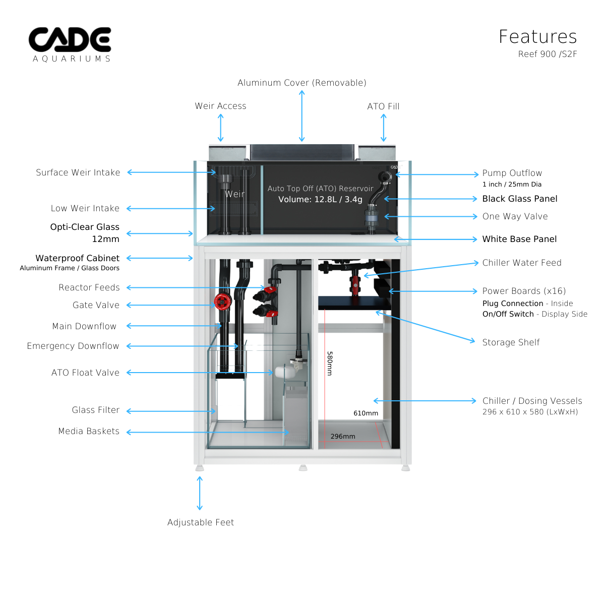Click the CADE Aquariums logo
pyautogui.click(x=70, y=44)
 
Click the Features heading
pyautogui.click(x=537, y=37)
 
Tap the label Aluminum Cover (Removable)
pyautogui.click(x=301, y=83)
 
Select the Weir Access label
pyautogui.click(x=220, y=106)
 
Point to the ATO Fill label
pyautogui.click(x=383, y=106)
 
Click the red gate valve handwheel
pyautogui.click(x=222, y=301)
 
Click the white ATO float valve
pyautogui.click(x=281, y=373)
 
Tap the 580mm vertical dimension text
pyautogui.click(x=330, y=364)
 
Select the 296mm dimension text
pyautogui.click(x=343, y=436)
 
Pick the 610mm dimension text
pyautogui.click(x=366, y=413)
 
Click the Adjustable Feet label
pyautogui.click(x=201, y=522)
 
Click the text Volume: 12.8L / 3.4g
pyautogui.click(x=320, y=199)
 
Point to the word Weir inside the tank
pyautogui.click(x=234, y=194)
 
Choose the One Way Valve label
pyautogui.click(x=515, y=216)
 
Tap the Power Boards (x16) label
pyautogui.click(x=524, y=291)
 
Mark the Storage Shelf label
pyautogui.click(x=511, y=342)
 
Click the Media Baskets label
pyautogui.click(x=89, y=431)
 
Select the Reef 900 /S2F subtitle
pyautogui.click(x=547, y=54)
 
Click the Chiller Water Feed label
pyautogui.click(x=522, y=263)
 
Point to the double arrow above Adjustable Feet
pyautogui.click(x=200, y=493)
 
